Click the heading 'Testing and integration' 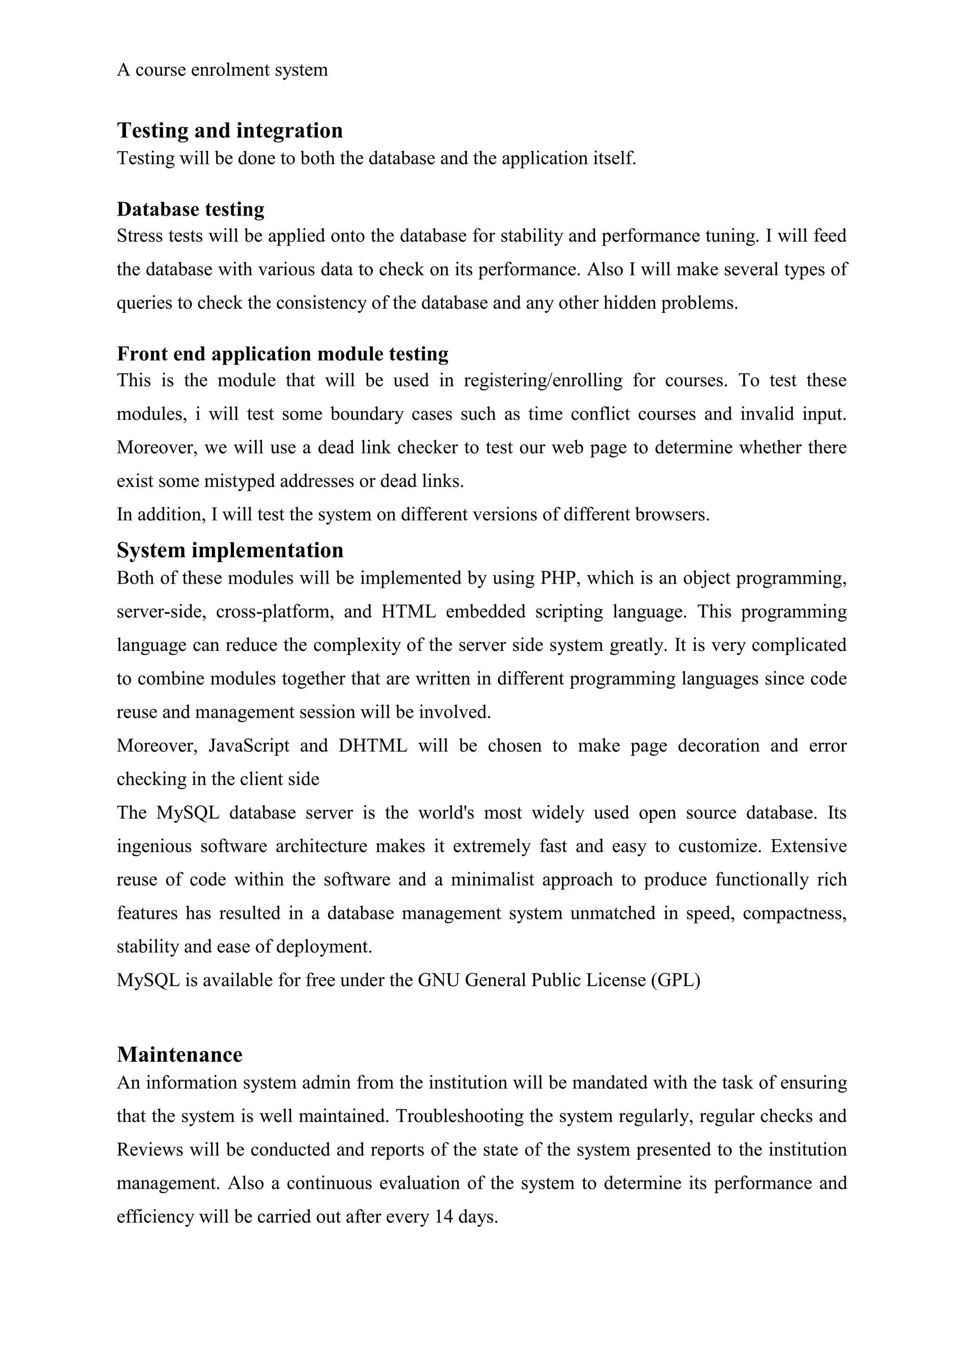[x=230, y=130]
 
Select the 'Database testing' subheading [x=191, y=209]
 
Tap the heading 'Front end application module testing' [x=282, y=354]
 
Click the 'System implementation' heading [x=230, y=550]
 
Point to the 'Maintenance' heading [x=180, y=1054]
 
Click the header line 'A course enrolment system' [x=222, y=70]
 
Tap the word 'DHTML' [x=373, y=746]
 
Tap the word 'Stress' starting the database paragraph [x=138, y=236]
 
